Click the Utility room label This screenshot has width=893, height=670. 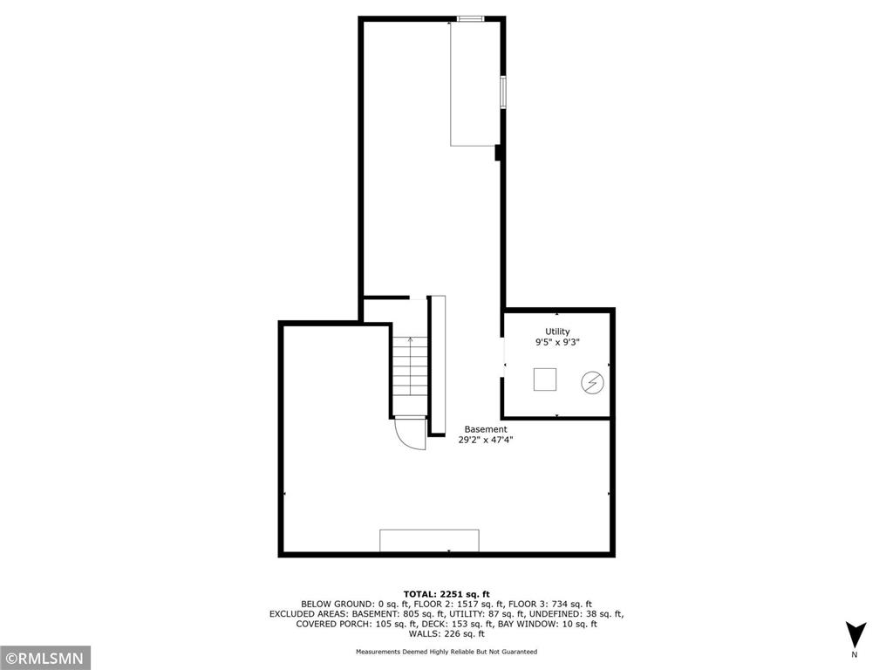[x=557, y=332]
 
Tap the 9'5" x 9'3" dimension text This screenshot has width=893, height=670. [x=557, y=344]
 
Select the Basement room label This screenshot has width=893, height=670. [x=485, y=429]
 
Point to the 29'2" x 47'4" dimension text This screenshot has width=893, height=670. [x=485, y=441]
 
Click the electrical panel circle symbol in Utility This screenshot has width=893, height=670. [x=592, y=381]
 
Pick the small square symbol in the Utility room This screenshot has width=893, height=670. [x=546, y=379]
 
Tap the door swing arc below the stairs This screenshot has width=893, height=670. [x=409, y=434]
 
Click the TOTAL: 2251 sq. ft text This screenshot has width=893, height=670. [x=446, y=592]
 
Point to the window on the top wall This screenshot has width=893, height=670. [x=472, y=18]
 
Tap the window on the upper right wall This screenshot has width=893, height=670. [x=502, y=92]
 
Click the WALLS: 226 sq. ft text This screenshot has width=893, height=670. [x=446, y=635]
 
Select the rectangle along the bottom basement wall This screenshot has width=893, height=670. [x=429, y=540]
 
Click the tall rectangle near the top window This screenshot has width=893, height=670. [x=474, y=83]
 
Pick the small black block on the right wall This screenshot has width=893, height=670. [x=498, y=154]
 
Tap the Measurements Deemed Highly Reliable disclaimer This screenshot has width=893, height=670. [x=446, y=652]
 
